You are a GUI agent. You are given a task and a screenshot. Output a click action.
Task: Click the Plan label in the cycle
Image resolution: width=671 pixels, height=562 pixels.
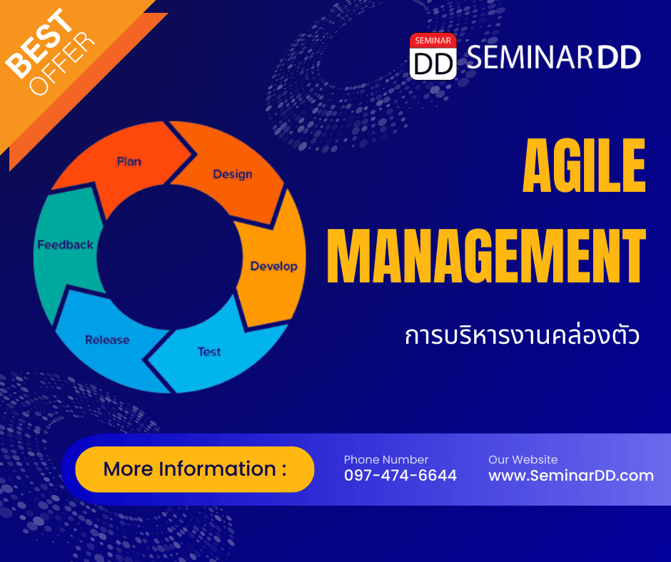(128, 161)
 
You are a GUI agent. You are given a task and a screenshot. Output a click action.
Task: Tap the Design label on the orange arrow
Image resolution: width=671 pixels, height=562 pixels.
(233, 174)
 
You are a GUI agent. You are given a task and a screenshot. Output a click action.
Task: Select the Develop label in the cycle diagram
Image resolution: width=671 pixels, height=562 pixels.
(274, 266)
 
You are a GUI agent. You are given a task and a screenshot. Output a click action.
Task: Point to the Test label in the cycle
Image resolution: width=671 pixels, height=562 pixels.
(209, 352)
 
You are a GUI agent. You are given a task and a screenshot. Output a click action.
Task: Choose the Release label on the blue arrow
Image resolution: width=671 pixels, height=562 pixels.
(107, 339)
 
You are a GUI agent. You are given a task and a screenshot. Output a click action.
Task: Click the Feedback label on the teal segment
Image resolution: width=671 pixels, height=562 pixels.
(65, 245)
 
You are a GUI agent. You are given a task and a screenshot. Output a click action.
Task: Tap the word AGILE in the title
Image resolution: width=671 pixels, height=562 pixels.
(584, 165)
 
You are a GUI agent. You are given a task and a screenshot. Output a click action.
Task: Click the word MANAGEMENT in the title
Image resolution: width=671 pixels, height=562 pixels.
(487, 256)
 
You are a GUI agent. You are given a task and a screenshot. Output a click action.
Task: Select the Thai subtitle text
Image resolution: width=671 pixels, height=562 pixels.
(522, 335)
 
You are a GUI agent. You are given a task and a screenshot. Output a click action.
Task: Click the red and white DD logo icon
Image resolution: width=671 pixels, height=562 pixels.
(433, 56)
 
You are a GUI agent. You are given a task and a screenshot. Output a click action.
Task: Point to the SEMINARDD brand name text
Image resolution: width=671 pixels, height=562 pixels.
(554, 57)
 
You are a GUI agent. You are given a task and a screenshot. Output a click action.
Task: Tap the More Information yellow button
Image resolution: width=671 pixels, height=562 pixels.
(195, 469)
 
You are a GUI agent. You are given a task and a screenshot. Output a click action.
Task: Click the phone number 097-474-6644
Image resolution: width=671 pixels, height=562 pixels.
(400, 475)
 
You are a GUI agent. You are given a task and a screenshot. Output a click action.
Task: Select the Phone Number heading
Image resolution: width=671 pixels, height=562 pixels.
(386, 459)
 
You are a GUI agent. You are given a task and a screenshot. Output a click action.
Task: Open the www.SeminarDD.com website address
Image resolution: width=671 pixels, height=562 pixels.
(571, 475)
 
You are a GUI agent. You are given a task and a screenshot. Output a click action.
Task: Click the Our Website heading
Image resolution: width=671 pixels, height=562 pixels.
(523, 459)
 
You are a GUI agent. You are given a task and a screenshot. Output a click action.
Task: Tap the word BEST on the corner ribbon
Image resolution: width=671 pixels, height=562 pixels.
(40, 44)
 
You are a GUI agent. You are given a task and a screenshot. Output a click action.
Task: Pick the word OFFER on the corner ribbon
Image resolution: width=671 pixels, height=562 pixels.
(61, 63)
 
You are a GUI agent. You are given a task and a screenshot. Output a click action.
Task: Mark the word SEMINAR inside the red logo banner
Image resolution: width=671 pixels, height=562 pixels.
(433, 41)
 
